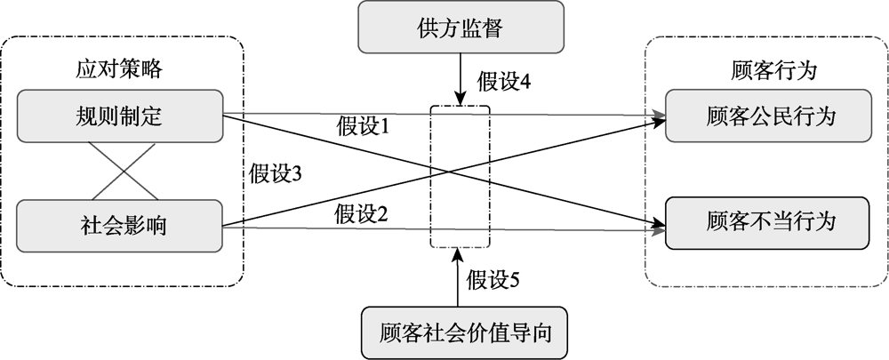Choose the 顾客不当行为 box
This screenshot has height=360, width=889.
tap(771, 220)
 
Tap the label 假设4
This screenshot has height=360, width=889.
tap(504, 82)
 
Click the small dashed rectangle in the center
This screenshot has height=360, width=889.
tap(460, 178)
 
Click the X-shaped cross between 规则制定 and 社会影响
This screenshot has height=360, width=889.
tap(118, 170)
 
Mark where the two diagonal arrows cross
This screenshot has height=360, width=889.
tap(443, 171)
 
